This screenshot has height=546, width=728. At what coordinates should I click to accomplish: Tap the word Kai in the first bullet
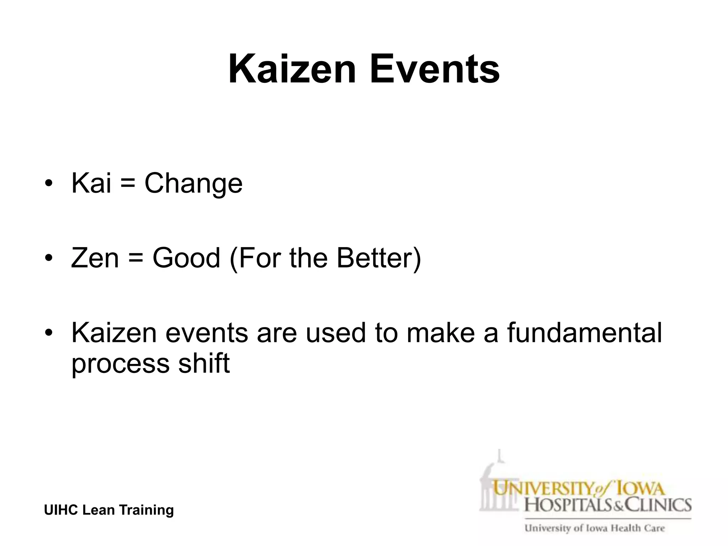[x=91, y=183]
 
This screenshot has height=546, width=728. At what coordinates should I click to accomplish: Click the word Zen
[x=95, y=257]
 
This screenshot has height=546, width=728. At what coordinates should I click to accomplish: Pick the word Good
[x=186, y=257]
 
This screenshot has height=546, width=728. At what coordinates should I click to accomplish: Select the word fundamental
[x=584, y=333]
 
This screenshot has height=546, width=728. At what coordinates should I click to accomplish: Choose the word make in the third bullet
[x=440, y=333]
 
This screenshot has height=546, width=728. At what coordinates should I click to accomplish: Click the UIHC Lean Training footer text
[x=109, y=510]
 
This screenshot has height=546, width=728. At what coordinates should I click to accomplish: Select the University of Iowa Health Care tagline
[x=594, y=528]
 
